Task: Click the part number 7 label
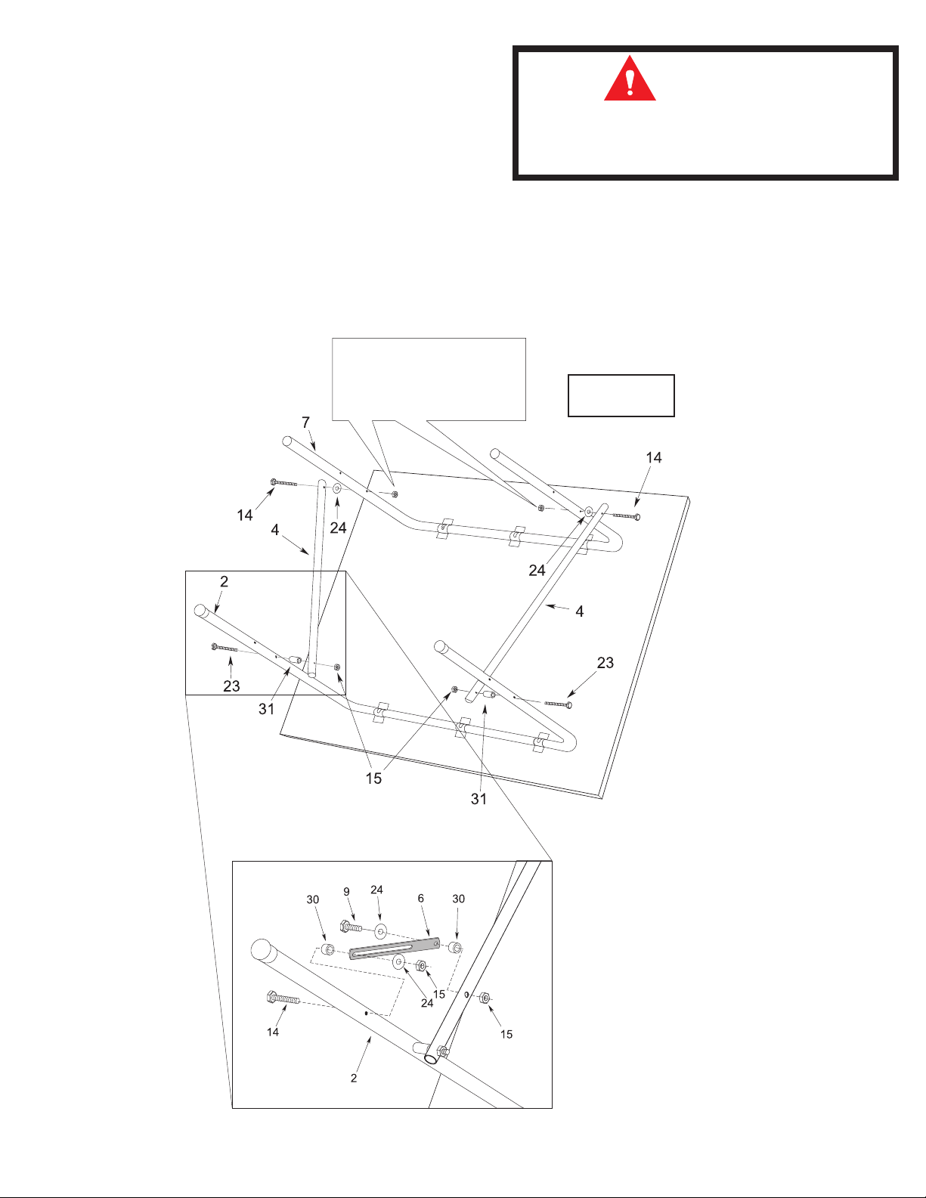pos(305,423)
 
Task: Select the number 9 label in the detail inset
pos(347,892)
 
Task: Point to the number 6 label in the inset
pos(421,899)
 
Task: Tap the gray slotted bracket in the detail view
pos(394,948)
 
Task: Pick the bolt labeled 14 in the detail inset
pos(283,999)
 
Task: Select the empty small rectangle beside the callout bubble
pos(621,395)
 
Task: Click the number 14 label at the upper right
pos(653,457)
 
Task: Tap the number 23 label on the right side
pos(605,663)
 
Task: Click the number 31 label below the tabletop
pos(478,799)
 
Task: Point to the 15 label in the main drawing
pos(373,779)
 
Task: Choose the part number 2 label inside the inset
pos(354,1078)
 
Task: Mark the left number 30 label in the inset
pos(313,899)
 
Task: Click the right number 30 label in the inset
pos(458,899)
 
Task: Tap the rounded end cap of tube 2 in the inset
pos(261,949)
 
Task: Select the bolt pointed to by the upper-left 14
pos(283,482)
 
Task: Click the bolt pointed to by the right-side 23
pos(558,704)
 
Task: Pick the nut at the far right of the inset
pos(485,998)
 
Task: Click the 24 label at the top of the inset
pos(376,890)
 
